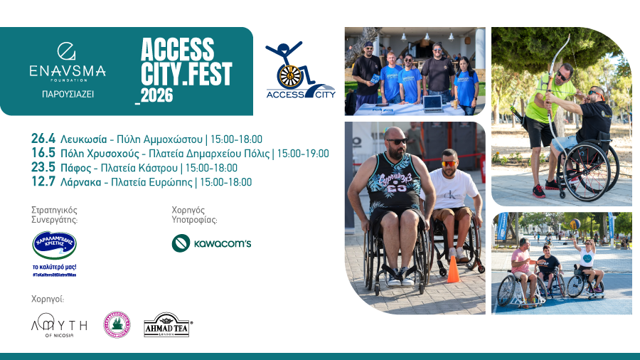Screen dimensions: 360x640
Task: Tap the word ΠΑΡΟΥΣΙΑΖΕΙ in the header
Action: pos(68,93)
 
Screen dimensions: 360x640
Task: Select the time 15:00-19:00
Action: pos(303,153)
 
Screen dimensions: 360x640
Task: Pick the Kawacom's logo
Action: pos(212,244)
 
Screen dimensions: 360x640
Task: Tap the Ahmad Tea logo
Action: pos(167,324)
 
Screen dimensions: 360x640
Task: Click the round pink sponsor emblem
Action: pos(117,324)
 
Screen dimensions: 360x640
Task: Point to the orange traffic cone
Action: pos(452,270)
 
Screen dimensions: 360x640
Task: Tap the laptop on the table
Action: pos(433,102)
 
